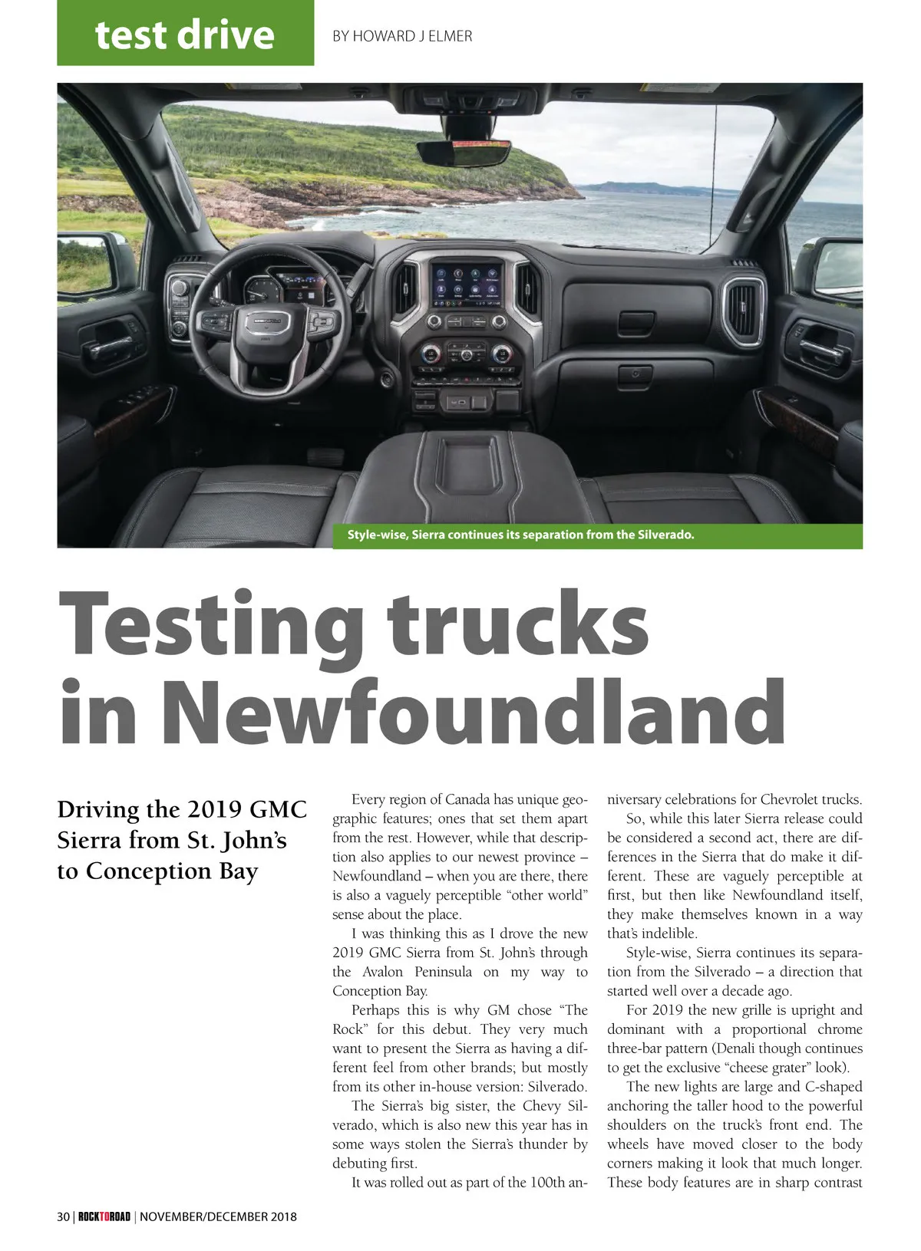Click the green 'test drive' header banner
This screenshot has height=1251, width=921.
185,34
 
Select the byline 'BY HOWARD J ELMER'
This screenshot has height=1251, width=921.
401,36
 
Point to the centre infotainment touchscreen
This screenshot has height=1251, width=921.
467,284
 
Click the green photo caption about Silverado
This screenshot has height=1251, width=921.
520,535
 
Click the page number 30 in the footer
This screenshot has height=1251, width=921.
64,1216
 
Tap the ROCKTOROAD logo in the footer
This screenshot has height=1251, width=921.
104,1216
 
